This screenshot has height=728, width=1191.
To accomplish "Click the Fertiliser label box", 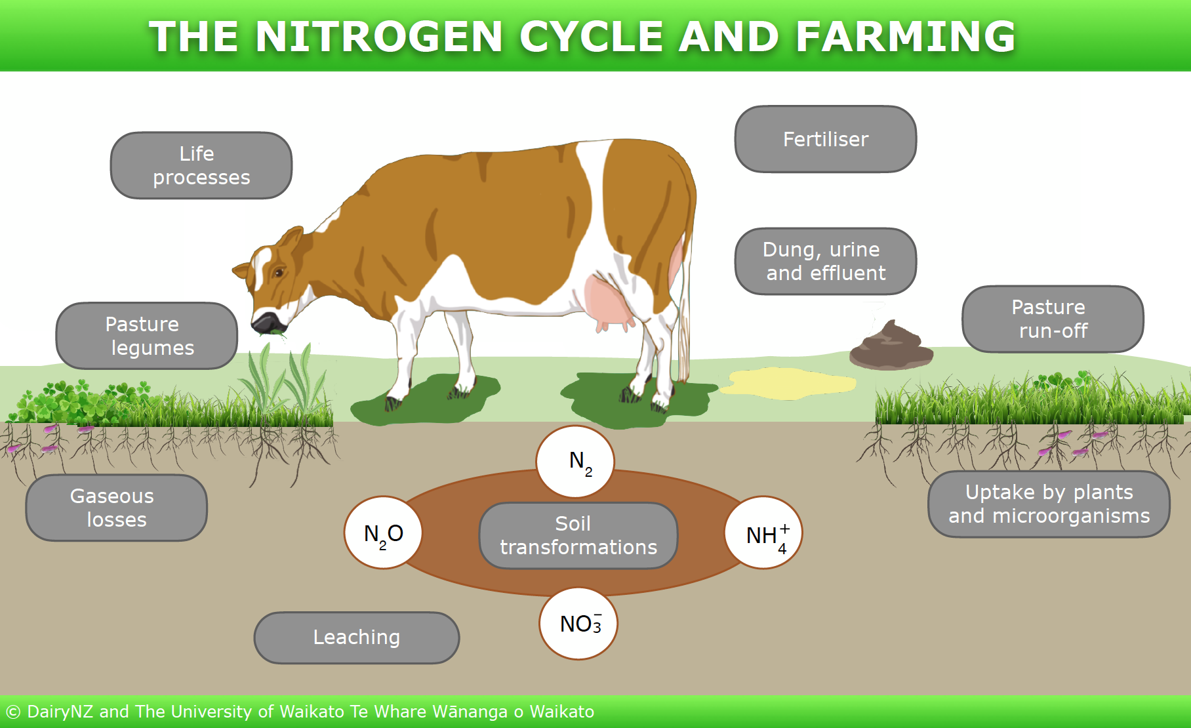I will pos(825,139).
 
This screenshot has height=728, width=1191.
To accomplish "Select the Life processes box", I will pos(201,165).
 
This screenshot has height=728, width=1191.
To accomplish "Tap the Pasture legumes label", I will pos(147,336).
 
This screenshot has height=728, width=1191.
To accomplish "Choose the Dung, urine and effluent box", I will pos(825,261).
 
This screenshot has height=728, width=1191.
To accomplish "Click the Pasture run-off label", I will pos(1053,319).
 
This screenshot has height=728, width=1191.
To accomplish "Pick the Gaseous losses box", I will pos(116,508).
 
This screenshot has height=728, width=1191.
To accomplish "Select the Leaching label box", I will pos(356,637).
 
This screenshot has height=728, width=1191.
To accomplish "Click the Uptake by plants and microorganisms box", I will pos(1049,504).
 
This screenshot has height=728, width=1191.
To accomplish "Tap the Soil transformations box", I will pos(578,535).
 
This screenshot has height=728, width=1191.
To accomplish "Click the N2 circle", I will pos(575,462).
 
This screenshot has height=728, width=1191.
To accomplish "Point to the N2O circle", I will pos(383,533).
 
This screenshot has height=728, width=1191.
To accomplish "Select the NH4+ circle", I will pos(763,533).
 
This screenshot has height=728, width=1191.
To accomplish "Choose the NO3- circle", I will pos(578,623).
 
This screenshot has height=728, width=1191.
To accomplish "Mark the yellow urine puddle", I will pos(787,384).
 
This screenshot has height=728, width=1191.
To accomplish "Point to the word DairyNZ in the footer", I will pos(60,712).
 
